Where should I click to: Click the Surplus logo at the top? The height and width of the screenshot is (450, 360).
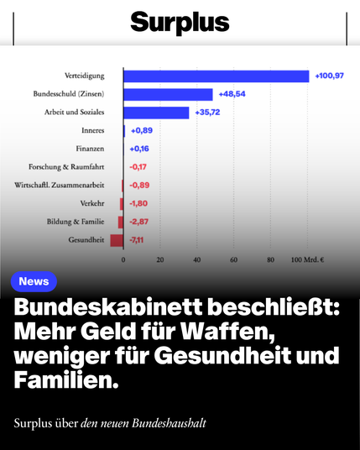[180, 23]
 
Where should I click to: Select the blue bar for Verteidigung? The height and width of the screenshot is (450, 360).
[217, 76]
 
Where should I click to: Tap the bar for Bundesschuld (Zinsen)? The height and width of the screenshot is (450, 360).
[168, 94]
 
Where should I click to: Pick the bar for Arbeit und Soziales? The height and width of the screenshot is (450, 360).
[156, 112]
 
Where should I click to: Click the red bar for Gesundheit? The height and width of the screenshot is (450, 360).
[117, 240]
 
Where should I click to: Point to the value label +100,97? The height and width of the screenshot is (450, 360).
[329, 76]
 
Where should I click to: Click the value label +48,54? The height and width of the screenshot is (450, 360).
[232, 94]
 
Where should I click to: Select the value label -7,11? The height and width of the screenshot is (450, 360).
[136, 239]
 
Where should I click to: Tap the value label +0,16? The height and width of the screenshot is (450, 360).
[139, 149]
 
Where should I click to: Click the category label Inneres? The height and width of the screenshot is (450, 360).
[92, 130]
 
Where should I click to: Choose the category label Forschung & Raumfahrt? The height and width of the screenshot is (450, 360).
[66, 167]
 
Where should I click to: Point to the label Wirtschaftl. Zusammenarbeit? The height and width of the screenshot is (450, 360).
[60, 185]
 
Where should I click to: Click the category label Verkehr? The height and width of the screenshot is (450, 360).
[92, 203]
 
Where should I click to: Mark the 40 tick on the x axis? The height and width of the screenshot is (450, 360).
[196, 259]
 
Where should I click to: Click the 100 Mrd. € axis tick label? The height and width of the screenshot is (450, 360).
[307, 259]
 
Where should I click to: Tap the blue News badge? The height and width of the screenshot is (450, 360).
[34, 281]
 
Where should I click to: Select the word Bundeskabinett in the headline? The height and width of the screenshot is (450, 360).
[108, 307]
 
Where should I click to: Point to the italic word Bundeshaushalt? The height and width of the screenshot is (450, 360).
[169, 424]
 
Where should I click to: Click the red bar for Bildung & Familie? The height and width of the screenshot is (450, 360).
[121, 222]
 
